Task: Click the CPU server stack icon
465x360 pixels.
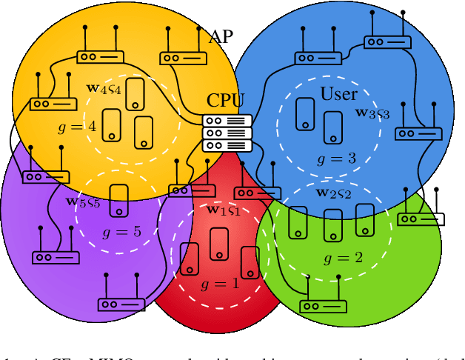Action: (x=227, y=133)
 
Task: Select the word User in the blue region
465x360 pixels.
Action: (x=338, y=94)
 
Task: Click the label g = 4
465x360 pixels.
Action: (x=76, y=127)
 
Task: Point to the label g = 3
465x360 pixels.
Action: (x=337, y=159)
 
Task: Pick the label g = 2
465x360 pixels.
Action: (x=344, y=259)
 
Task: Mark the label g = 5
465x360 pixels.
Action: (x=121, y=232)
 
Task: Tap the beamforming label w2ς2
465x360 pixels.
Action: (x=333, y=193)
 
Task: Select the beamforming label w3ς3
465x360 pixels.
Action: (x=372, y=113)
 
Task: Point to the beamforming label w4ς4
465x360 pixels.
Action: (x=104, y=89)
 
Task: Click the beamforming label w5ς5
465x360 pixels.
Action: (x=83, y=201)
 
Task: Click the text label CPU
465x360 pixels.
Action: (x=225, y=100)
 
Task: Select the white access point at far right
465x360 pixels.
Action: (x=421, y=219)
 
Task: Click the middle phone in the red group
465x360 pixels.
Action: (x=218, y=244)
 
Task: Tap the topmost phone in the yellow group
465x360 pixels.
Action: (x=135, y=94)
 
